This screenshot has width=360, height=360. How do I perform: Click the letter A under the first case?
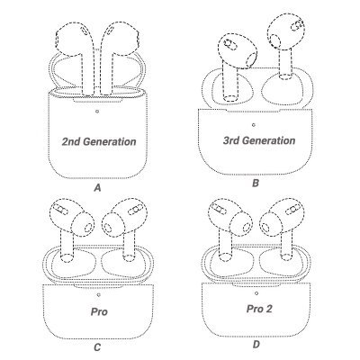point(97,188)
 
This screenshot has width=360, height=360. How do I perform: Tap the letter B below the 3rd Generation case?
point(256,183)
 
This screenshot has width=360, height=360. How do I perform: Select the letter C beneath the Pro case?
point(97,347)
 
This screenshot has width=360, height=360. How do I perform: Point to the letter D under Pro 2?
point(256,345)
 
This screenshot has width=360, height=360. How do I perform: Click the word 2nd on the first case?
point(71,141)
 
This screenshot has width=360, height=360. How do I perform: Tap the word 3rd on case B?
point(231,140)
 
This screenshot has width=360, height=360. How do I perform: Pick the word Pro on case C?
point(99,311)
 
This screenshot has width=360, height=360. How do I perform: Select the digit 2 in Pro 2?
point(268,309)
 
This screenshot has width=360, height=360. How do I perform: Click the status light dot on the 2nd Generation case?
point(97,112)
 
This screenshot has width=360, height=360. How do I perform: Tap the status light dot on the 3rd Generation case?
point(254,125)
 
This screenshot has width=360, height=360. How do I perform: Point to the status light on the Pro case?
point(99,295)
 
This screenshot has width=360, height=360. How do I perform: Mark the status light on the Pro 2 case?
point(256,293)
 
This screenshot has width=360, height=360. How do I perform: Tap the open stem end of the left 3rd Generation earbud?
point(231,98)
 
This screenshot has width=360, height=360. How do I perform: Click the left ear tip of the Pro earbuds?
point(83,223)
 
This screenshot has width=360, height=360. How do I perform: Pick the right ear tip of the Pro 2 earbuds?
point(270,224)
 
